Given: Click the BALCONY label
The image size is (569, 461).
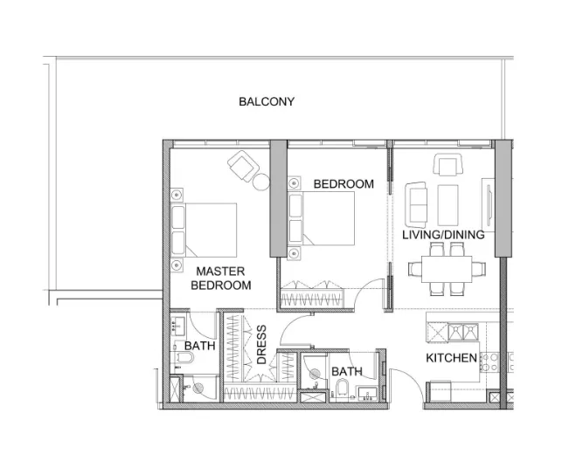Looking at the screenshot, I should [267, 101].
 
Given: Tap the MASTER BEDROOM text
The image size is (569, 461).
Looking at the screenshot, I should [220, 279].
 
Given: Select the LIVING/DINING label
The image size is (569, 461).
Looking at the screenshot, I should [442, 235].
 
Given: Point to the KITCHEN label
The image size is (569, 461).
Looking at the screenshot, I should [451, 358].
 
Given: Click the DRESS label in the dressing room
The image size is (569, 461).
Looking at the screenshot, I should [261, 345].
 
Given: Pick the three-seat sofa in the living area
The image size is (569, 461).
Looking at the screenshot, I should [417, 202].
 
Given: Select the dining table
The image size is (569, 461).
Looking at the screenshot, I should [446, 271].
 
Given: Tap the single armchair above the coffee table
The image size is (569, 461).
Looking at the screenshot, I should [448, 164].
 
